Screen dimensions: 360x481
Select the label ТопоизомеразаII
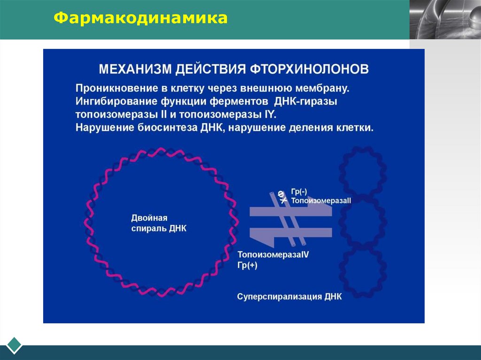click(321, 200)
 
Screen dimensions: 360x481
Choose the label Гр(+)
click(248, 265)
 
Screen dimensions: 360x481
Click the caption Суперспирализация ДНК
click(289, 297)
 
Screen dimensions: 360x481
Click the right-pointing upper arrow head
click(324, 211)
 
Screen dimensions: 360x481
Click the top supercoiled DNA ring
click(363, 170)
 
